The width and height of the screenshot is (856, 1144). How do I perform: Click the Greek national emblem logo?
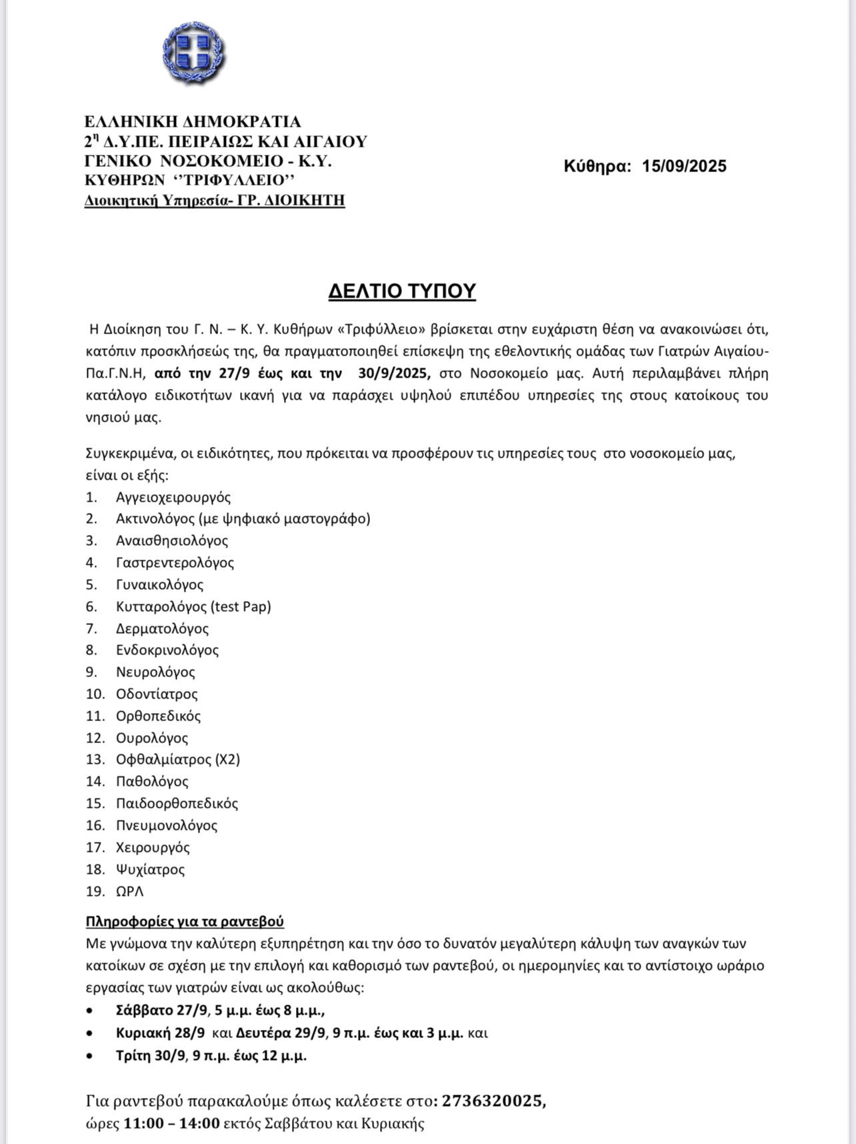(194, 53)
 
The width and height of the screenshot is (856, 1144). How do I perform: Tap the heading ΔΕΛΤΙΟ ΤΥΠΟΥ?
(402, 292)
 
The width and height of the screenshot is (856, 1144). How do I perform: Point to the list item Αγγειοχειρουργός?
(173, 497)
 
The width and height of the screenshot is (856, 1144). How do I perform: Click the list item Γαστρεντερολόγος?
(175, 562)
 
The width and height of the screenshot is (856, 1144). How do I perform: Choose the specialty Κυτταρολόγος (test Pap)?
(193, 606)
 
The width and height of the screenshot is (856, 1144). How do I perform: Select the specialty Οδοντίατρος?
(157, 694)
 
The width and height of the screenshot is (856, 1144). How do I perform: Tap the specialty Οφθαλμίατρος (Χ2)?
(178, 759)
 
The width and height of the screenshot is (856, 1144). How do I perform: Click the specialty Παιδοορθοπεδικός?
(177, 803)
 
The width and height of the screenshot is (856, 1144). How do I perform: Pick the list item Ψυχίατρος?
(150, 869)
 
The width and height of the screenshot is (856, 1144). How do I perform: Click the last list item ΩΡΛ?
(130, 891)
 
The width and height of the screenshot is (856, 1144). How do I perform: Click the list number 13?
(95, 759)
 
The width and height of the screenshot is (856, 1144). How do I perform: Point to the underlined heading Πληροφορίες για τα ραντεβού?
(185, 922)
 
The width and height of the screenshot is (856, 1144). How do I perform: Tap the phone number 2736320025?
(492, 1101)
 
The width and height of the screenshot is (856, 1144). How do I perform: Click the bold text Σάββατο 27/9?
(161, 1011)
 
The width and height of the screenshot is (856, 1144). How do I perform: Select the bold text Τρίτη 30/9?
(150, 1055)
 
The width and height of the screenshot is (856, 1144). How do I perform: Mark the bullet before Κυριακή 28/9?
(90, 1033)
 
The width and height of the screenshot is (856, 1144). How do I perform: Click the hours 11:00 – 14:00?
(171, 1123)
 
